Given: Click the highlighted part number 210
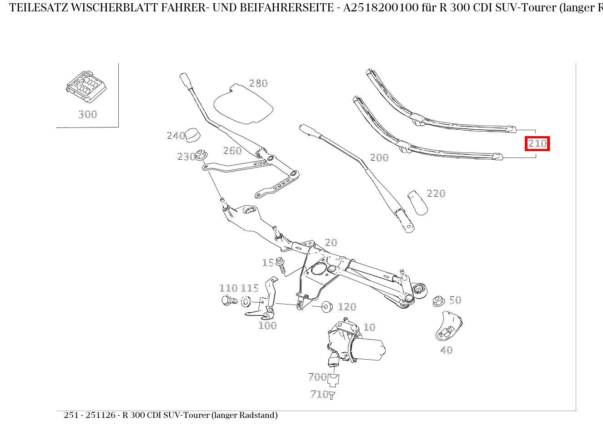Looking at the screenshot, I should (537, 144).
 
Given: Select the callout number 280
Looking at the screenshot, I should (258, 83).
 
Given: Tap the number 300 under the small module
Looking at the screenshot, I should (87, 114).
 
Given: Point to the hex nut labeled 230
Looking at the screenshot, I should (202, 155).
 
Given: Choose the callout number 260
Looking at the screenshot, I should (232, 151).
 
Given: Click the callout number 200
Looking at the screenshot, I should (379, 158).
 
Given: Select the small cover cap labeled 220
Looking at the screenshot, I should (417, 202).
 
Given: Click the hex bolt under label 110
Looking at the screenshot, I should (228, 301).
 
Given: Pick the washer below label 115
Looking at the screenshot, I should (246, 301).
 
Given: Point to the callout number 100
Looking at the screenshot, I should (267, 325).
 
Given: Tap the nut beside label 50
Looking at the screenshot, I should (438, 300).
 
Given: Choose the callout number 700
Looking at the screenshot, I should (317, 377).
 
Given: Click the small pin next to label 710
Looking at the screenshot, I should (332, 395).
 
